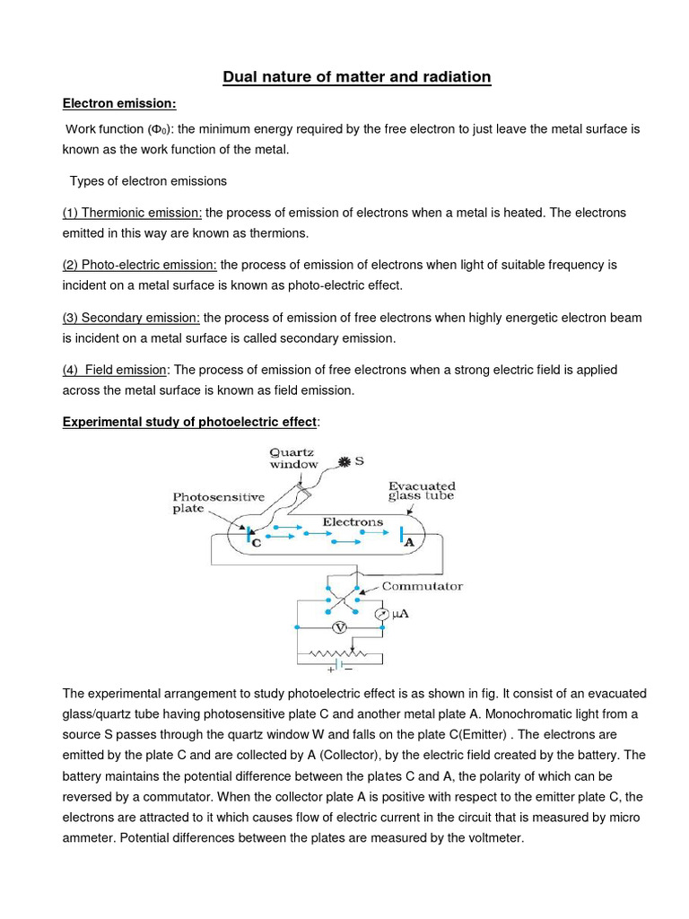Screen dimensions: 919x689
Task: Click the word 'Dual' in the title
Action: tap(242, 77)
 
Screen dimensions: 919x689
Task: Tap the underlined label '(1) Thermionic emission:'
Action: tap(132, 213)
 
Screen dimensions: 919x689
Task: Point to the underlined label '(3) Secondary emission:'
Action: tap(131, 317)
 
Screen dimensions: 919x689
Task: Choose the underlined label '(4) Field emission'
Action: tap(115, 369)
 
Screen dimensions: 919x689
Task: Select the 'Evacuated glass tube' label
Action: tap(422, 490)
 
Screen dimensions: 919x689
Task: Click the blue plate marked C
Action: tap(249, 536)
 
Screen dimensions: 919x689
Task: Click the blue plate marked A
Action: tap(400, 535)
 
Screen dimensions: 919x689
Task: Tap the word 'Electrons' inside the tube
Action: tap(353, 521)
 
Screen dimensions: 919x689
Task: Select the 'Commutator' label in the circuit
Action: tap(422, 586)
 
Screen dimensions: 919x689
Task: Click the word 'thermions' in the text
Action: tap(279, 232)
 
